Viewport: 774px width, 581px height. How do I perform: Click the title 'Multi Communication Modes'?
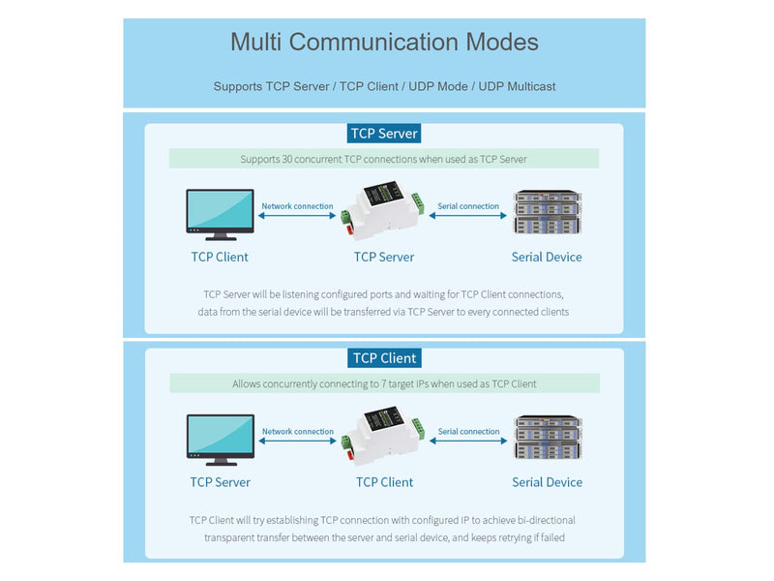384,42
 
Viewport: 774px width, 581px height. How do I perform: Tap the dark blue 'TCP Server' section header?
384,134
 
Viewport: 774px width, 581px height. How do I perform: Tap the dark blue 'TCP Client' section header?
384,358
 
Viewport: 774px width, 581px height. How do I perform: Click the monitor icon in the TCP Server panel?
221,214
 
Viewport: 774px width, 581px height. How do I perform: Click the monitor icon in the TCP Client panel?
221,440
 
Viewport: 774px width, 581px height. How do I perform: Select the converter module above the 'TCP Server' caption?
382,210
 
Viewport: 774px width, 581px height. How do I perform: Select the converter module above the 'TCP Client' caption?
382,435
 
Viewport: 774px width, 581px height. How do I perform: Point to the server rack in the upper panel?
548,212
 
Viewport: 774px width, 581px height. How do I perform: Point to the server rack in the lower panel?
548,438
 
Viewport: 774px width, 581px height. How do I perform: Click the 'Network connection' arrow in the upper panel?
297,215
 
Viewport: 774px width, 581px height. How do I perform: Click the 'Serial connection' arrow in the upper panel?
468,215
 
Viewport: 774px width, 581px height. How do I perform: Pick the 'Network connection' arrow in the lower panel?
298,441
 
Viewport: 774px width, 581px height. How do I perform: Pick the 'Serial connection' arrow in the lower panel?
468,441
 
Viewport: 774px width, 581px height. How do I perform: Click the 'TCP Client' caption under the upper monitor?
220,257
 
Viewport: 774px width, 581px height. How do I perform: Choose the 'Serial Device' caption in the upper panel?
547,257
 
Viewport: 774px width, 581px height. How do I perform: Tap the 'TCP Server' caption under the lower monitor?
221,482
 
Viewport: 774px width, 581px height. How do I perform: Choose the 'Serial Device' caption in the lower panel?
547,482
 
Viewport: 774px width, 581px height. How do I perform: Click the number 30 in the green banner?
286,159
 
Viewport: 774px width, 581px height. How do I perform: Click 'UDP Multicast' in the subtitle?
517,86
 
